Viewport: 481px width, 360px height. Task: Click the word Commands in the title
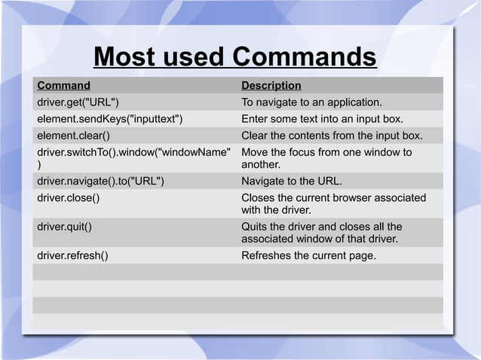click(x=303, y=57)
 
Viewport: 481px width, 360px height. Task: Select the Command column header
click(x=64, y=86)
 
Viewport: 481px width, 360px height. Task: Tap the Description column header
click(x=271, y=86)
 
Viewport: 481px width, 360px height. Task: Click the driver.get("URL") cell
click(x=78, y=102)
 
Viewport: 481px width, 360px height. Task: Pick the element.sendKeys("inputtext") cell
click(x=110, y=120)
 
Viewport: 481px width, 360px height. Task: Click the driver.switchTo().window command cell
click(x=133, y=153)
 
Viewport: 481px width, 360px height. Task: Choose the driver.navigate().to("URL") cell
click(x=101, y=181)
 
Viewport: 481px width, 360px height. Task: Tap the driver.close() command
click(x=69, y=198)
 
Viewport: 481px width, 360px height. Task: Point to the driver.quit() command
click(x=66, y=226)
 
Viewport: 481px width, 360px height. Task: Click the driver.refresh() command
click(x=72, y=255)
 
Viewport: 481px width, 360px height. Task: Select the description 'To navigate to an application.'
click(x=311, y=102)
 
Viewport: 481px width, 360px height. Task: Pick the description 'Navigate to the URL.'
click(x=291, y=181)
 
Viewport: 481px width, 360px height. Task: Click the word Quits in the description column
click(x=255, y=226)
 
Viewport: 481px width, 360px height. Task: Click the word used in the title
click(x=190, y=57)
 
